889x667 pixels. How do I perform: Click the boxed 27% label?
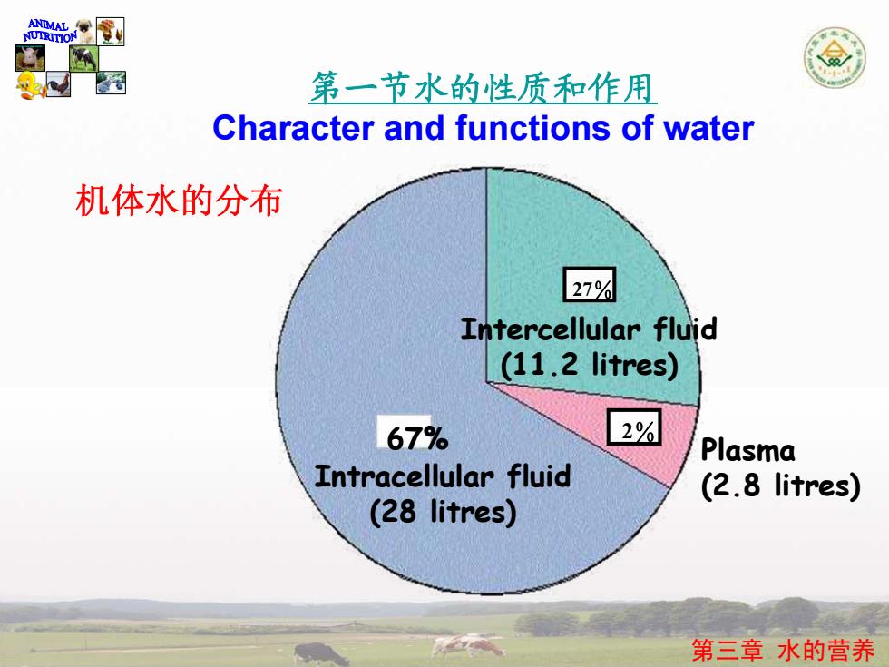pos(589,284)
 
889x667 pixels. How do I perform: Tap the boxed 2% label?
pos(634,427)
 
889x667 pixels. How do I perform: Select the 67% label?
pos(417,437)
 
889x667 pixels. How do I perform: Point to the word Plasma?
pos(747,450)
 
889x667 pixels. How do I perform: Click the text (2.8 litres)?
pos(781,486)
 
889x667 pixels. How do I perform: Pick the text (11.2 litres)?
pos(589,364)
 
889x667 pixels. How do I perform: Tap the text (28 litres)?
pos(443,512)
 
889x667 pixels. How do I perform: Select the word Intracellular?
pos(404,476)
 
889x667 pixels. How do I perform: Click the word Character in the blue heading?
pos(293,128)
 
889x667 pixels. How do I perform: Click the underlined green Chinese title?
pos(483,89)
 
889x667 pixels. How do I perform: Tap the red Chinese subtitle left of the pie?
pos(180,201)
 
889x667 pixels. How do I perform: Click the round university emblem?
pos(834,57)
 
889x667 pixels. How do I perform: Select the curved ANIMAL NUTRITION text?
pos(50,32)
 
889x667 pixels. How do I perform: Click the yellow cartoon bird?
pos(29,85)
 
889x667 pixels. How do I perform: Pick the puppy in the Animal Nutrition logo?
pos(85,31)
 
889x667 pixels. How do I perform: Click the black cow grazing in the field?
pos(320,654)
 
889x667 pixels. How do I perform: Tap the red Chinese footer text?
pos(782,650)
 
